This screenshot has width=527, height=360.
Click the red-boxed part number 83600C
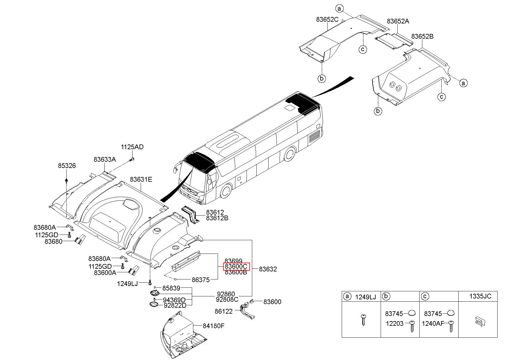click(x=236, y=267)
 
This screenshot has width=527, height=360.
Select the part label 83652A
click(x=398, y=21)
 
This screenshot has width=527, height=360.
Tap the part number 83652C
click(x=327, y=20)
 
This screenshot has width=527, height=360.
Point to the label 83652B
click(x=422, y=36)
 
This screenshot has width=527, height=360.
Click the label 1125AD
click(x=132, y=147)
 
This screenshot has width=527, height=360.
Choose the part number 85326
click(x=67, y=166)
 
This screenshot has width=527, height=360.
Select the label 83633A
click(x=105, y=159)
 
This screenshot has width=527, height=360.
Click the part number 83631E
click(x=141, y=179)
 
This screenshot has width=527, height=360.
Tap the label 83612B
click(x=217, y=218)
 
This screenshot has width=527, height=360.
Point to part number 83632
click(x=268, y=269)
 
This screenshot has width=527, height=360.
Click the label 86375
click(x=201, y=280)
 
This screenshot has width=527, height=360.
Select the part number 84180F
click(x=214, y=326)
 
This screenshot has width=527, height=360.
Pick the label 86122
click(x=224, y=311)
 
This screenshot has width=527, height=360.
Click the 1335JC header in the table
click(x=480, y=296)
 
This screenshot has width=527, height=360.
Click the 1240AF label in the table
click(x=433, y=323)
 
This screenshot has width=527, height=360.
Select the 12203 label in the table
click(x=394, y=323)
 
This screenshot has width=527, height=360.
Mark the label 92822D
click(x=175, y=305)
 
